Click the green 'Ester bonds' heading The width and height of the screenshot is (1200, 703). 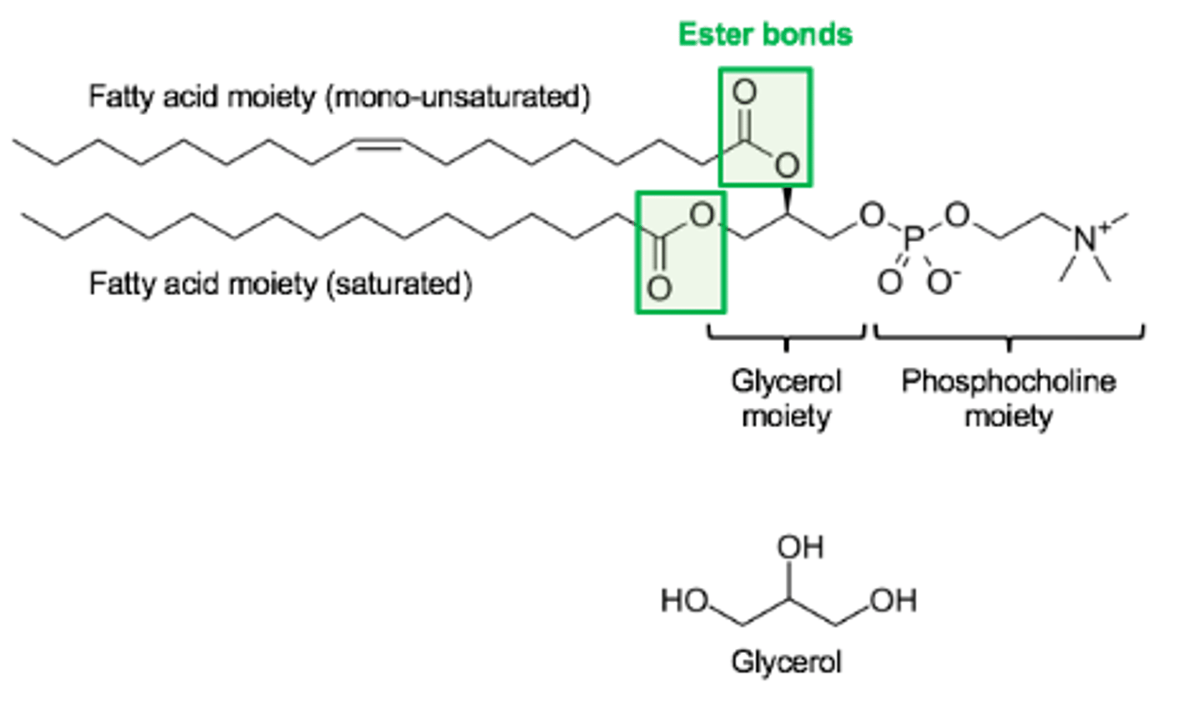point(765,34)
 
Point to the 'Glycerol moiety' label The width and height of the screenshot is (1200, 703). point(786,398)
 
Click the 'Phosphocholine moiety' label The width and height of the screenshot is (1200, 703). point(1008,398)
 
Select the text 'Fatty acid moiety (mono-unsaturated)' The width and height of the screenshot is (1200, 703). point(339,97)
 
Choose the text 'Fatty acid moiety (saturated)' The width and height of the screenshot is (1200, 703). point(280,284)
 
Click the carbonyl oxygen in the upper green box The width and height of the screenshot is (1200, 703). point(744,92)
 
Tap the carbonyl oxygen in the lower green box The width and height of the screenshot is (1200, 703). point(659,289)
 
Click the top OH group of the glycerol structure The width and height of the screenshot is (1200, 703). point(800,547)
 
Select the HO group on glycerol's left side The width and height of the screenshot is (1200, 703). point(684,600)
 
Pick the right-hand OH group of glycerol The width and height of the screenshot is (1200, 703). point(893,600)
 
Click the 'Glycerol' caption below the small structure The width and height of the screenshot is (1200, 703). point(786,662)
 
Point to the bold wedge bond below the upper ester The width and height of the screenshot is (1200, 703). point(786,201)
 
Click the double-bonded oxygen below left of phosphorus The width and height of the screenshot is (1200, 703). point(889,282)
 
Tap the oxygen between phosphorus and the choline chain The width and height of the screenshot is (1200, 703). point(957,216)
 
